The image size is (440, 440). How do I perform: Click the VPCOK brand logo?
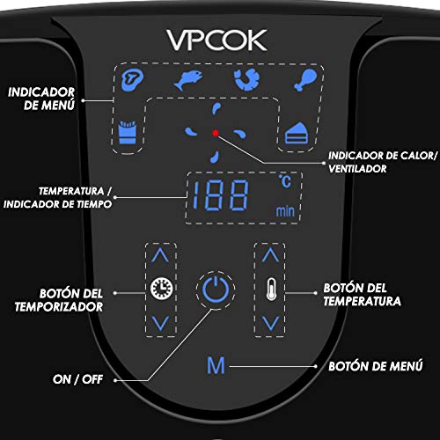(x=216, y=40)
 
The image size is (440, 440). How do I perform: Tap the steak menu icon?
(x=132, y=80)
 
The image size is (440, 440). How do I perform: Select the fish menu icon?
(x=188, y=80)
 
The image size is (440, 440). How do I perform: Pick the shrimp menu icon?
(x=247, y=79)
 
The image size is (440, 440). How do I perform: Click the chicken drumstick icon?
(x=305, y=80)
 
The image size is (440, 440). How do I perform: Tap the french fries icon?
(x=128, y=132)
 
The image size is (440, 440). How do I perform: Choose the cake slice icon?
(x=297, y=134)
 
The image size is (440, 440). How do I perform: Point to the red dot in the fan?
(x=216, y=133)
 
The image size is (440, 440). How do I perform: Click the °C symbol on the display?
(x=285, y=181)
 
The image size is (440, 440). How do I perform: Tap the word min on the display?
(x=285, y=211)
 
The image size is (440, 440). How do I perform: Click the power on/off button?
(x=216, y=289)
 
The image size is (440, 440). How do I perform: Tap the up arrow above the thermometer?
(x=270, y=255)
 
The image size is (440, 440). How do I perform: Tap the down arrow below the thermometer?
(x=270, y=323)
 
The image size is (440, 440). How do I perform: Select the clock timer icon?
(x=161, y=289)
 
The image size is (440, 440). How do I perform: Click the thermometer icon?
(x=271, y=289)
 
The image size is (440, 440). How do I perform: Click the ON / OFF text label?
(x=77, y=379)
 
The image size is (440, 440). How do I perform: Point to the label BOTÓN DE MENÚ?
(x=376, y=366)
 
